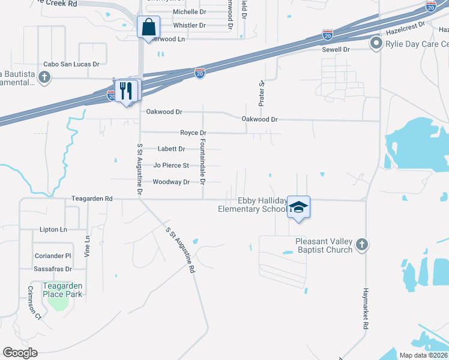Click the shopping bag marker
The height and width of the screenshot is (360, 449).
click(x=148, y=28)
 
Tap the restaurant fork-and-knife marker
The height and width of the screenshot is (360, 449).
click(x=126, y=91)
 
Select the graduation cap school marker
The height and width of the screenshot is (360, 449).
click(x=298, y=208)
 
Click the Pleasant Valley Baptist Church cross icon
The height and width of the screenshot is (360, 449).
click(x=361, y=244)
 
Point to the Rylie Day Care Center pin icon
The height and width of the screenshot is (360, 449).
click(x=376, y=43)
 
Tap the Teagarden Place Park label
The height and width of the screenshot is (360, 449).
click(x=62, y=290)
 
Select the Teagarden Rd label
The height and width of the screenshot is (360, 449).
click(x=92, y=198)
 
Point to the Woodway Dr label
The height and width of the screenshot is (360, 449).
click(x=171, y=182)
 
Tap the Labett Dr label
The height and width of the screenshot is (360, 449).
click(x=171, y=149)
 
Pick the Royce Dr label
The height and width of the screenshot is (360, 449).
click(x=193, y=133)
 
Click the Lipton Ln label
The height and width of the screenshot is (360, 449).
click(x=53, y=229)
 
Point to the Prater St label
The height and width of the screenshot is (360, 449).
click(x=262, y=94)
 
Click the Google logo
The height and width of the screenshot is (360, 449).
click(x=20, y=353)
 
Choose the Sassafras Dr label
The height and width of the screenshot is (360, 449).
click(x=52, y=269)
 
